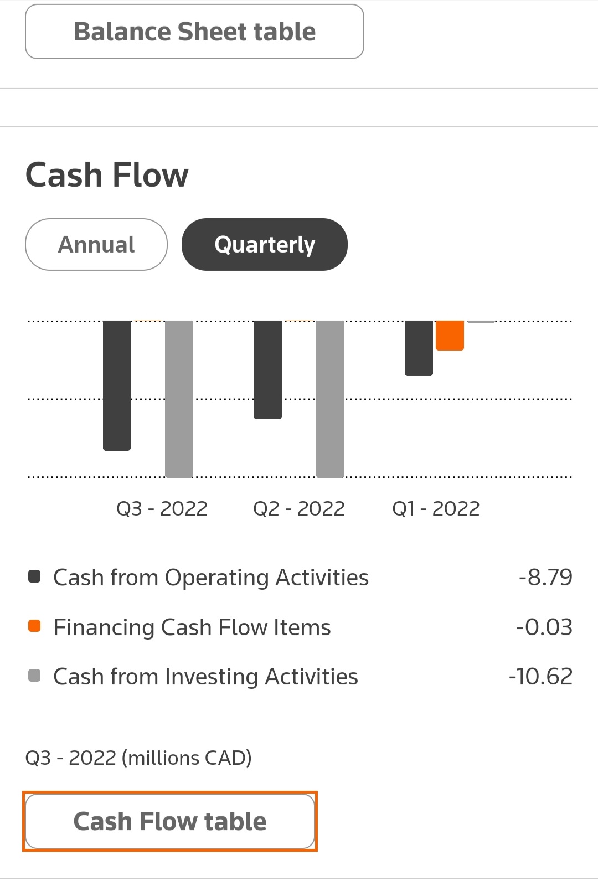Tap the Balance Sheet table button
click(194, 32)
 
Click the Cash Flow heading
click(107, 175)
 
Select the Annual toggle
click(96, 244)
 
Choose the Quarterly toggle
click(265, 244)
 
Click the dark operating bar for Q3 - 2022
click(117, 385)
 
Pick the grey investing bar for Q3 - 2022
click(179, 399)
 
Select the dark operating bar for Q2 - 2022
click(267, 369)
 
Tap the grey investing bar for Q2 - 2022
click(330, 399)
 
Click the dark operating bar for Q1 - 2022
click(419, 348)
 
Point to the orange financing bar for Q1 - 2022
click(450, 335)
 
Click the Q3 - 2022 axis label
click(162, 508)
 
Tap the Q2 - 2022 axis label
click(298, 508)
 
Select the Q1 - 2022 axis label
click(436, 508)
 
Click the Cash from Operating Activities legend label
click(211, 578)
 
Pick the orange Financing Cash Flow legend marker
click(34, 626)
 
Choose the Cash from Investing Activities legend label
click(205, 677)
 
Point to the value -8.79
click(545, 578)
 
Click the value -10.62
click(540, 677)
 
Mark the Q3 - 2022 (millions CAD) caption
click(138, 758)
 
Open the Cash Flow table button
click(170, 821)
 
